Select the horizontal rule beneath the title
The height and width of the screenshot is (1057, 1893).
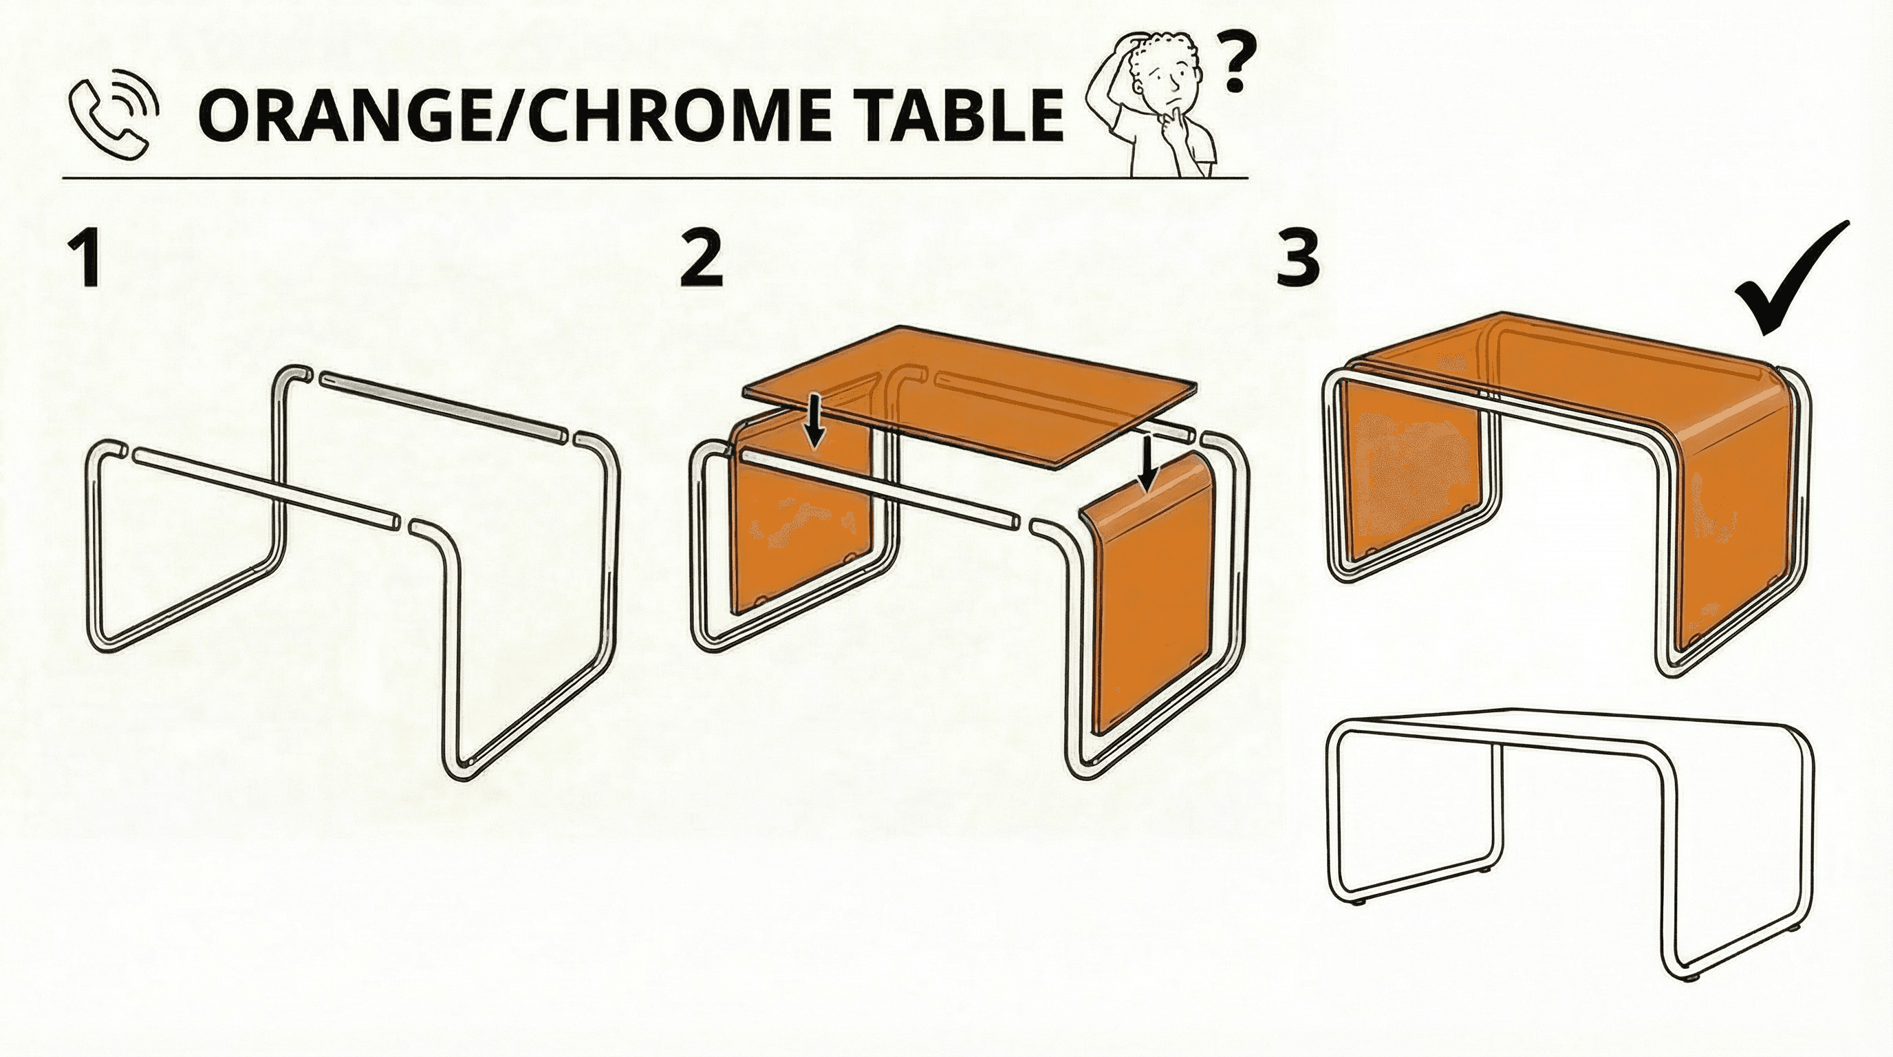[x=655, y=178]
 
